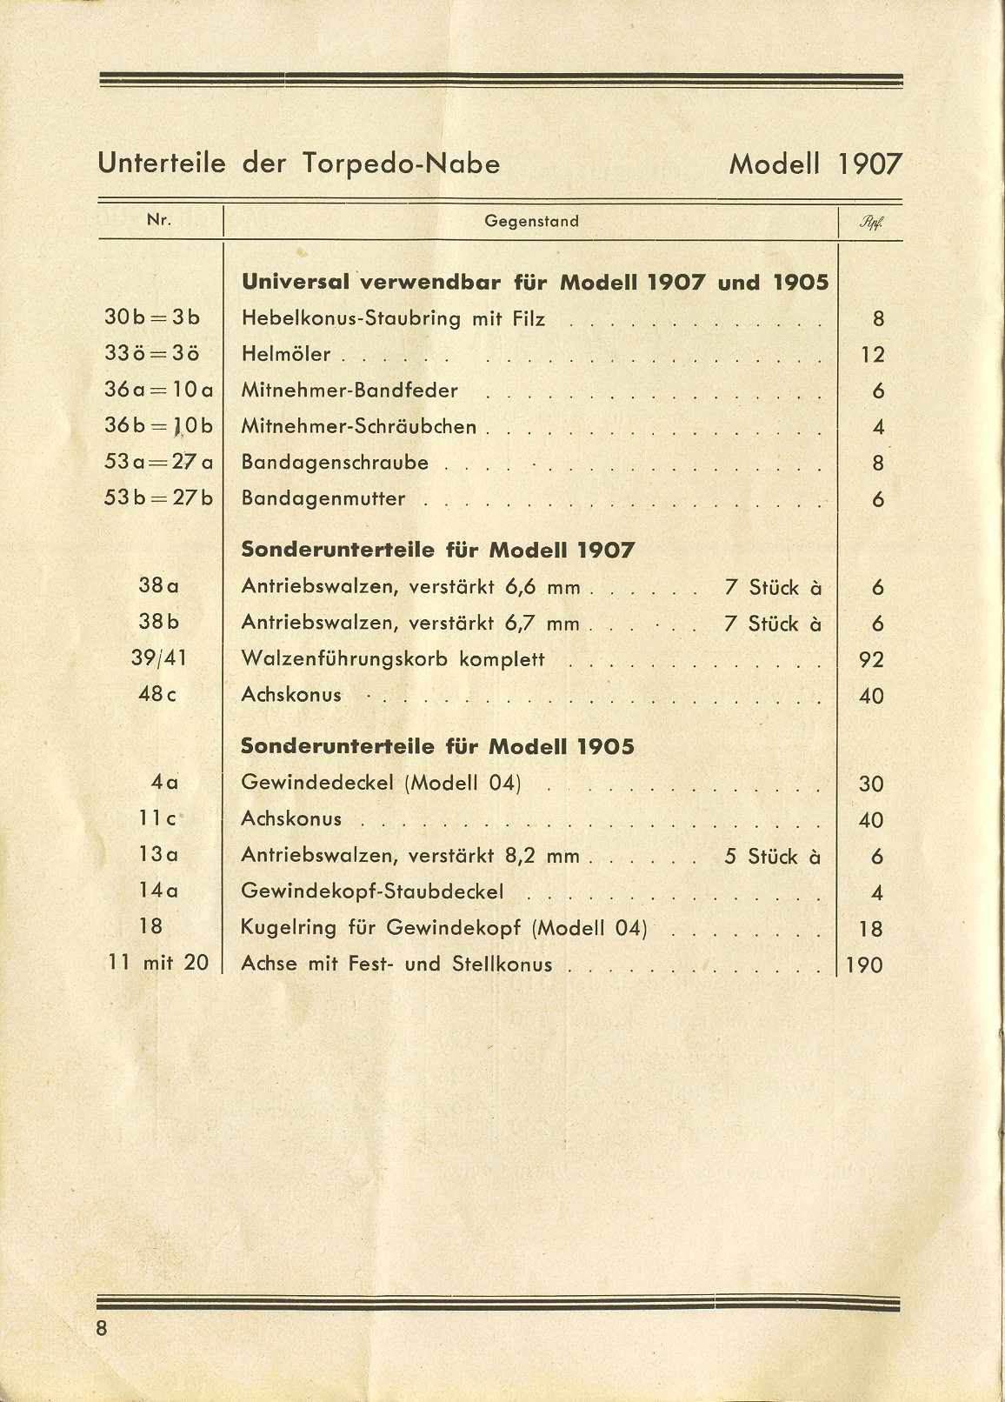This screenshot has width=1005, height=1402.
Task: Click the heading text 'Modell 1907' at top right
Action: coord(815,164)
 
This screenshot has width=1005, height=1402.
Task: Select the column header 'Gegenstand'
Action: coord(531,221)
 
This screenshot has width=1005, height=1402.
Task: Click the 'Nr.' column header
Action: coord(159,220)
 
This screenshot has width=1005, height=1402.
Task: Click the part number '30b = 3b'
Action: coord(152,318)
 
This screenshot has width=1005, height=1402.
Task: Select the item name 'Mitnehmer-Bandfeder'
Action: coord(349,391)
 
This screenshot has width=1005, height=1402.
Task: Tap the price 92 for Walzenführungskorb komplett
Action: coord(871,660)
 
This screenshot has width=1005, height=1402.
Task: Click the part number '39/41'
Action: coord(158,658)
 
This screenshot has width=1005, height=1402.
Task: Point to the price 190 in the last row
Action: coord(863,965)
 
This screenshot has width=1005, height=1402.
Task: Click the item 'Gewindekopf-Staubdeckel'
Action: coord(372,891)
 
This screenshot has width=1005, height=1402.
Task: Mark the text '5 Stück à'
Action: coord(773,857)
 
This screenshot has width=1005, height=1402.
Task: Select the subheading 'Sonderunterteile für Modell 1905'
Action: coord(437,747)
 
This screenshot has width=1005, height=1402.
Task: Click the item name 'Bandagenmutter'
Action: coord(323,499)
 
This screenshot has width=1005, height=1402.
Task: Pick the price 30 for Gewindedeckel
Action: coord(871,784)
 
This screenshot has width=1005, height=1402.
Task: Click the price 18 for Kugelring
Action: coord(871,930)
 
